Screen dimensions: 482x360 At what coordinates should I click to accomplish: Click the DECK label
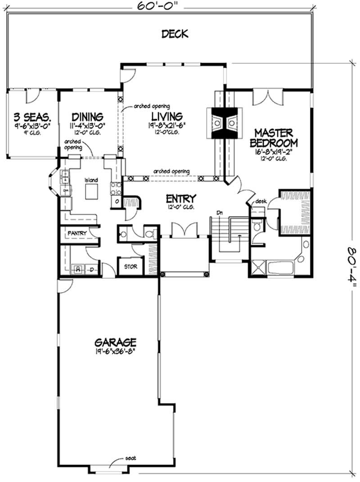[175, 34]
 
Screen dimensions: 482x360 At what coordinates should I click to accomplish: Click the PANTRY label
[77, 233]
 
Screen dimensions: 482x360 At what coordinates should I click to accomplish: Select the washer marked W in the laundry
[78, 269]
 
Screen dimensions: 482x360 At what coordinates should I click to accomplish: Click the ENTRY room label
[180, 198]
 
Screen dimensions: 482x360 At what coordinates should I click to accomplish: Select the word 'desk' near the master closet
[261, 201]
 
